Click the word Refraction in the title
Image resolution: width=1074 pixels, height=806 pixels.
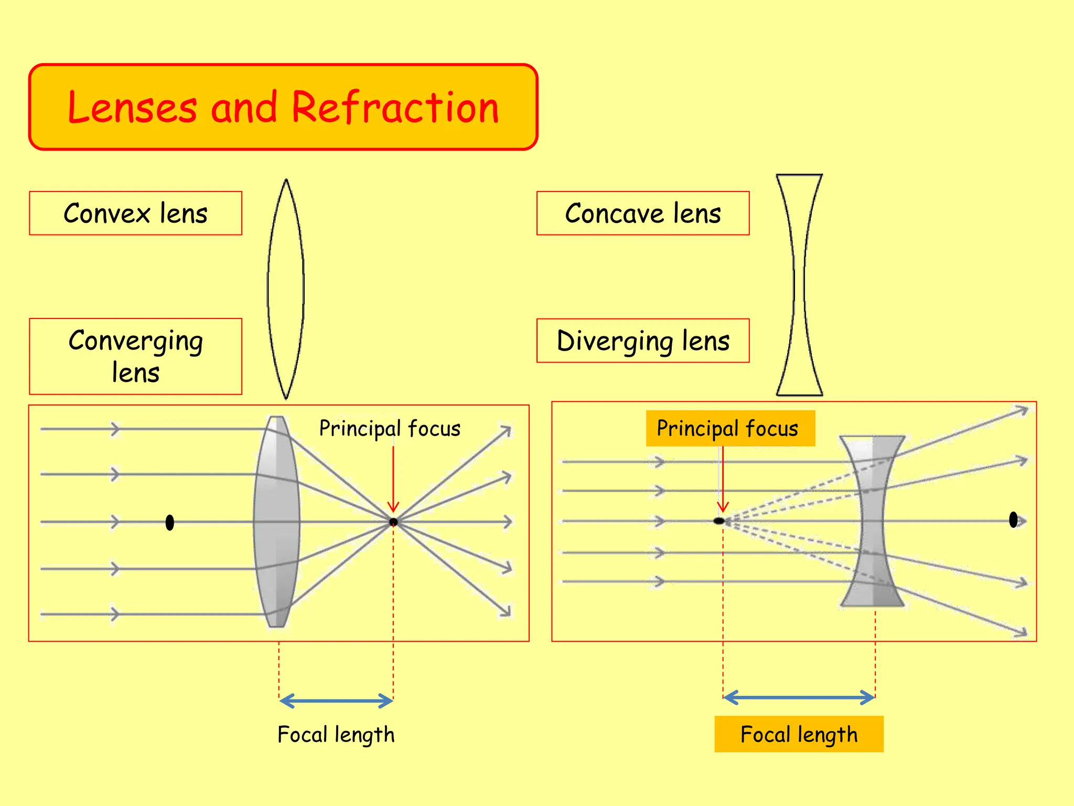(x=394, y=108)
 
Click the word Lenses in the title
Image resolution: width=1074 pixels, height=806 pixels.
(x=132, y=108)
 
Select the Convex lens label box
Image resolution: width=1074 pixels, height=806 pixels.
(x=135, y=213)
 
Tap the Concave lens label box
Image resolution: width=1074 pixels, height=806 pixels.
(x=643, y=213)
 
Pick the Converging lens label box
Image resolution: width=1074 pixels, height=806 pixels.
(x=135, y=356)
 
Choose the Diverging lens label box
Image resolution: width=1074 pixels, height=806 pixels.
(x=643, y=341)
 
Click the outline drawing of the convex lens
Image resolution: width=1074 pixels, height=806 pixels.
(x=286, y=289)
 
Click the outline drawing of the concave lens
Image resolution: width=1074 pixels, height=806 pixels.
(x=799, y=285)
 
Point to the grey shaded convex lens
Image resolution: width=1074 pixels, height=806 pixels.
(x=277, y=522)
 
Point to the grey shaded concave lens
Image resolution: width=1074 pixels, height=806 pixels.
(x=872, y=521)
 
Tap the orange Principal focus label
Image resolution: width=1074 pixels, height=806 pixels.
(x=730, y=428)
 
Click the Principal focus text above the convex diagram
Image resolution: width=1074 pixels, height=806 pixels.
(x=390, y=428)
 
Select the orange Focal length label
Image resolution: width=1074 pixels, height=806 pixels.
(x=799, y=734)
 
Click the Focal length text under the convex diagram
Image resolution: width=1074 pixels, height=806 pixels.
(x=336, y=734)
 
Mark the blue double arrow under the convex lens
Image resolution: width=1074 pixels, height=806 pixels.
(x=336, y=701)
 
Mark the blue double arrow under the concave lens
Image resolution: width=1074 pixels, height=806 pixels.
(x=799, y=697)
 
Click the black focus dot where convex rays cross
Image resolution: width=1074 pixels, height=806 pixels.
(x=393, y=522)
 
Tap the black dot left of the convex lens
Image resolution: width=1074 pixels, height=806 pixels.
(x=169, y=522)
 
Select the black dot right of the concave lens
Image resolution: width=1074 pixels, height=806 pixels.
(x=1013, y=519)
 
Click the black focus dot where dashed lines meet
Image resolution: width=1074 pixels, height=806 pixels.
(x=719, y=521)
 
